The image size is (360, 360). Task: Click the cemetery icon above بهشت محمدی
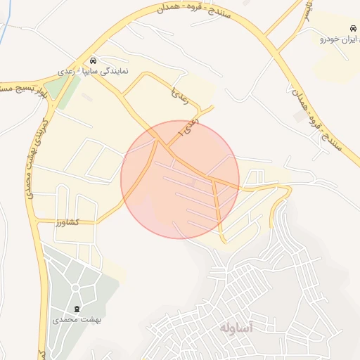pos(77,309)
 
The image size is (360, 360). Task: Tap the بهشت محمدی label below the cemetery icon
pos(77,320)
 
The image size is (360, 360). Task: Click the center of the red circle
pos(180,179)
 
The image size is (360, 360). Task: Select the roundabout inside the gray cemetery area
pos(77,288)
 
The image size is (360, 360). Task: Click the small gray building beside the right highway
pos(300,117)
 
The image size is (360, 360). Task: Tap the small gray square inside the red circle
pos(193,182)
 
